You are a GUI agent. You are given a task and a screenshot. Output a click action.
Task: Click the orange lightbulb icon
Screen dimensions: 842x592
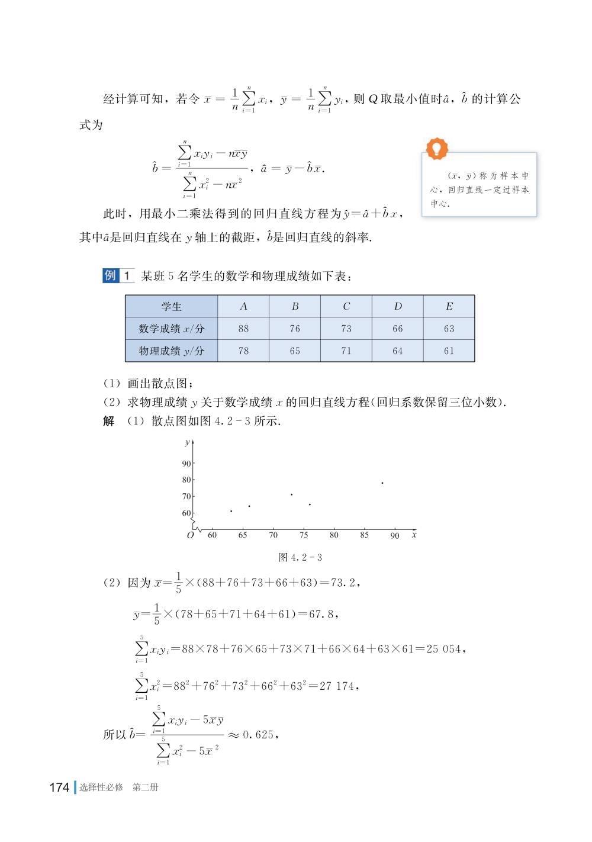pyautogui.click(x=437, y=148)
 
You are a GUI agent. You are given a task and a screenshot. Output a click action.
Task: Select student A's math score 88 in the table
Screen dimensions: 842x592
pyautogui.click(x=243, y=329)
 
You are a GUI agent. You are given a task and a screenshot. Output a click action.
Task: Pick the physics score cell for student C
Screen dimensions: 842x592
pyautogui.click(x=346, y=351)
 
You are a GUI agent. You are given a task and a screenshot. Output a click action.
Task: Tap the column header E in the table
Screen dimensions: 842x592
pyautogui.click(x=449, y=306)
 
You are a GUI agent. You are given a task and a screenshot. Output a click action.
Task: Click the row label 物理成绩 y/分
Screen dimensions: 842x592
pyautogui.click(x=171, y=351)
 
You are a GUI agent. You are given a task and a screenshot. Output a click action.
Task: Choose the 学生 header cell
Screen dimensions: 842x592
pyautogui.click(x=171, y=306)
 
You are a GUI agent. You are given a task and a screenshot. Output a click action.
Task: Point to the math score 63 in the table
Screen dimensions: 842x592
pyautogui.click(x=449, y=329)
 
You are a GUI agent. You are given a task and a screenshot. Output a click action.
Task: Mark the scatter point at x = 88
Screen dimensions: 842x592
pyautogui.click(x=382, y=483)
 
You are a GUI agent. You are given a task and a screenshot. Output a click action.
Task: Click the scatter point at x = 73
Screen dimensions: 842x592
pyautogui.click(x=291, y=494)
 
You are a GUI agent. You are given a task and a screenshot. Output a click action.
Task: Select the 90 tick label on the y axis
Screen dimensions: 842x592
pyautogui.click(x=186, y=464)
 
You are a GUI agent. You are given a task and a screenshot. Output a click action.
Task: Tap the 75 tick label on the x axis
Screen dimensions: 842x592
pyautogui.click(x=304, y=535)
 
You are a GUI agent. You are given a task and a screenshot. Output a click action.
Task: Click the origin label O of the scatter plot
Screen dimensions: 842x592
pyautogui.click(x=190, y=535)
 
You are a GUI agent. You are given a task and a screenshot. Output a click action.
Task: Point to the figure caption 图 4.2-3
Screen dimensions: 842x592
pyautogui.click(x=300, y=557)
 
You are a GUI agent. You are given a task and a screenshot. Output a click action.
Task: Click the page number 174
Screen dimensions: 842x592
pyautogui.click(x=59, y=788)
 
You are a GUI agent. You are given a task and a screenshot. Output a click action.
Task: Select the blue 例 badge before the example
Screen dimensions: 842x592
pyautogui.click(x=111, y=275)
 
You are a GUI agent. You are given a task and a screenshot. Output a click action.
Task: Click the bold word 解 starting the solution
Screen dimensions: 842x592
pyautogui.click(x=109, y=422)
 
